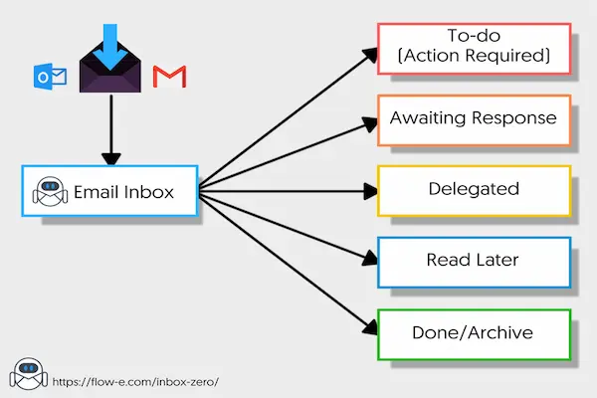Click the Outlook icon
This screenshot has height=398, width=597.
click(x=50, y=77)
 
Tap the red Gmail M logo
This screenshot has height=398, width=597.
click(x=170, y=77)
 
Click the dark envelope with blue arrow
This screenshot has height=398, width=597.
click(x=110, y=70)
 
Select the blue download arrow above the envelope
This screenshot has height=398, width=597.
click(x=110, y=36)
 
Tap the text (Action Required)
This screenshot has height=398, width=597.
click(x=473, y=57)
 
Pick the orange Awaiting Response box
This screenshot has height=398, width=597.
click(x=473, y=117)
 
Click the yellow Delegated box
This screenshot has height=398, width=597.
click(x=473, y=189)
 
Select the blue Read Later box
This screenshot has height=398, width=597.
click(x=473, y=261)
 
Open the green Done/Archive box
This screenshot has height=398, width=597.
click(x=473, y=333)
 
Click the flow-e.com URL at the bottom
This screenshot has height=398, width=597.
click(x=132, y=381)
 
